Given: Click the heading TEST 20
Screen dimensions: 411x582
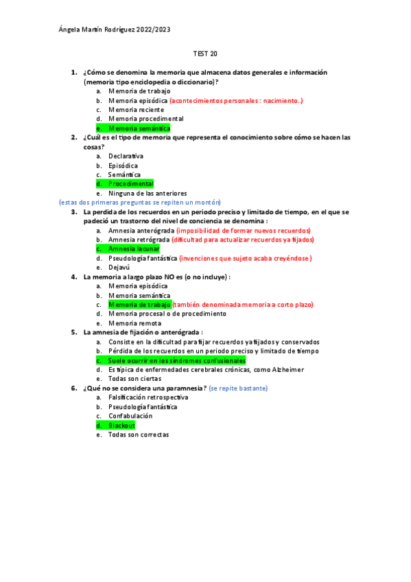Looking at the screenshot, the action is pos(205,54).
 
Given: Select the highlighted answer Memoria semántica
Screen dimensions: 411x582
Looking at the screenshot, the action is pos(139,128).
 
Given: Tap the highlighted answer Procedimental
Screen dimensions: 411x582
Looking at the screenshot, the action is pos(130,184).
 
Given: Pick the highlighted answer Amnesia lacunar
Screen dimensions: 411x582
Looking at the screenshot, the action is pos(134,249).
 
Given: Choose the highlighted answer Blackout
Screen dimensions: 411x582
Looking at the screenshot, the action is pos(121,426).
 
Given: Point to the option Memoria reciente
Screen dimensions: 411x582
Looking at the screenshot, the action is pos(136,110).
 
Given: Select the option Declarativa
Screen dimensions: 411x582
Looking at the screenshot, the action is pos(126,156).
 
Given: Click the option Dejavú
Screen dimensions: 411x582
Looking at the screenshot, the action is pos(119,268).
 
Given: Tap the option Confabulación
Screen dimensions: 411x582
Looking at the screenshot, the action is pos(130,416).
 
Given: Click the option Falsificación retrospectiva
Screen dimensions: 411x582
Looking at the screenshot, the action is pos(148,397).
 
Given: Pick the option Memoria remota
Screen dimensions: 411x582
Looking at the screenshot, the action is pos(134,323).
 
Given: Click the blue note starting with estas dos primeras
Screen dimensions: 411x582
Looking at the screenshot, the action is pos(140,202).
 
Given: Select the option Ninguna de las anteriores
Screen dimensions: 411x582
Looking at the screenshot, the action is pos(148,194).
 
